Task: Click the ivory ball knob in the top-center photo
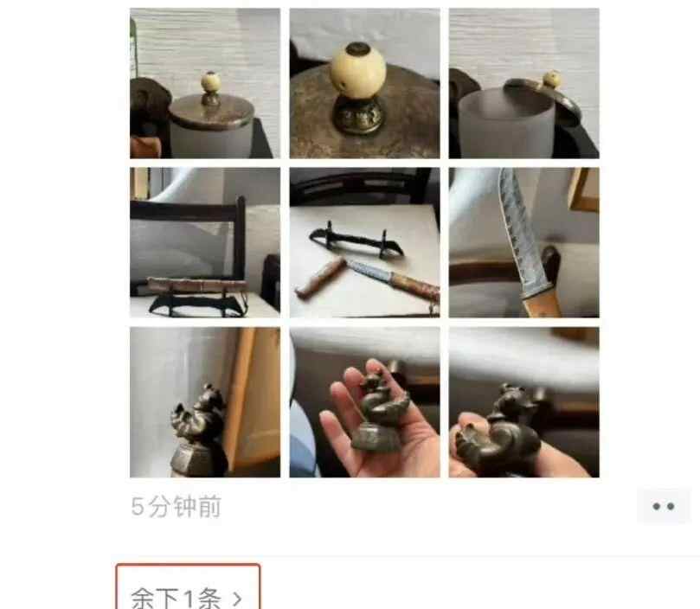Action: (x=358, y=68)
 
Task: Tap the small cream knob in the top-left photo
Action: (x=209, y=81)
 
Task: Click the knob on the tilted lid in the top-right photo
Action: (x=552, y=80)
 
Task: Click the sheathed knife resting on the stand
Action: (x=197, y=285)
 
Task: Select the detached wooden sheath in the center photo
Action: (x=320, y=277)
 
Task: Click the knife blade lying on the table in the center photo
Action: (x=370, y=270)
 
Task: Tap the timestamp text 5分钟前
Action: (x=177, y=507)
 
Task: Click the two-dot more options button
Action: (x=663, y=506)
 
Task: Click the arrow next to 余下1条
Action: (x=237, y=599)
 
